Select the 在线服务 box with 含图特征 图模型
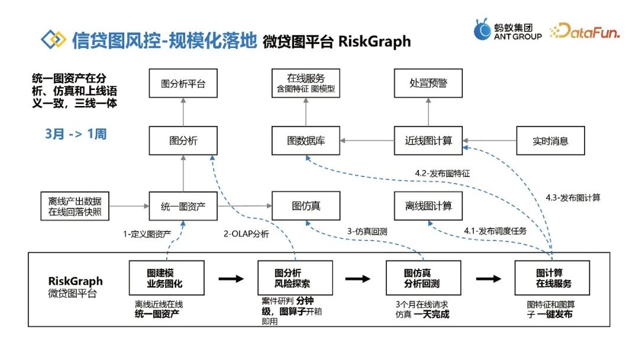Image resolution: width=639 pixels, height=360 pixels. click(306, 83)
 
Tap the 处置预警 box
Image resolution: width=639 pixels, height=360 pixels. click(428, 83)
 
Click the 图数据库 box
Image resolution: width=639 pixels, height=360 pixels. click(306, 141)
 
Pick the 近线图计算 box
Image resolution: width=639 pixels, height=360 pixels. click(428, 141)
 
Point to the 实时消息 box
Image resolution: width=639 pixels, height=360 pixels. click(550, 141)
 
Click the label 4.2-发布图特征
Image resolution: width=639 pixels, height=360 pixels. click(442, 173)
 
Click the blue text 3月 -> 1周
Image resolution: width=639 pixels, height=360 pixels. click(76, 134)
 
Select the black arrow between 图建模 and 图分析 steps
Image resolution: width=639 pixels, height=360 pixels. click(230, 278)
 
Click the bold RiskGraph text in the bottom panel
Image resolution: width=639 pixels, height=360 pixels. click(75, 281)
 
